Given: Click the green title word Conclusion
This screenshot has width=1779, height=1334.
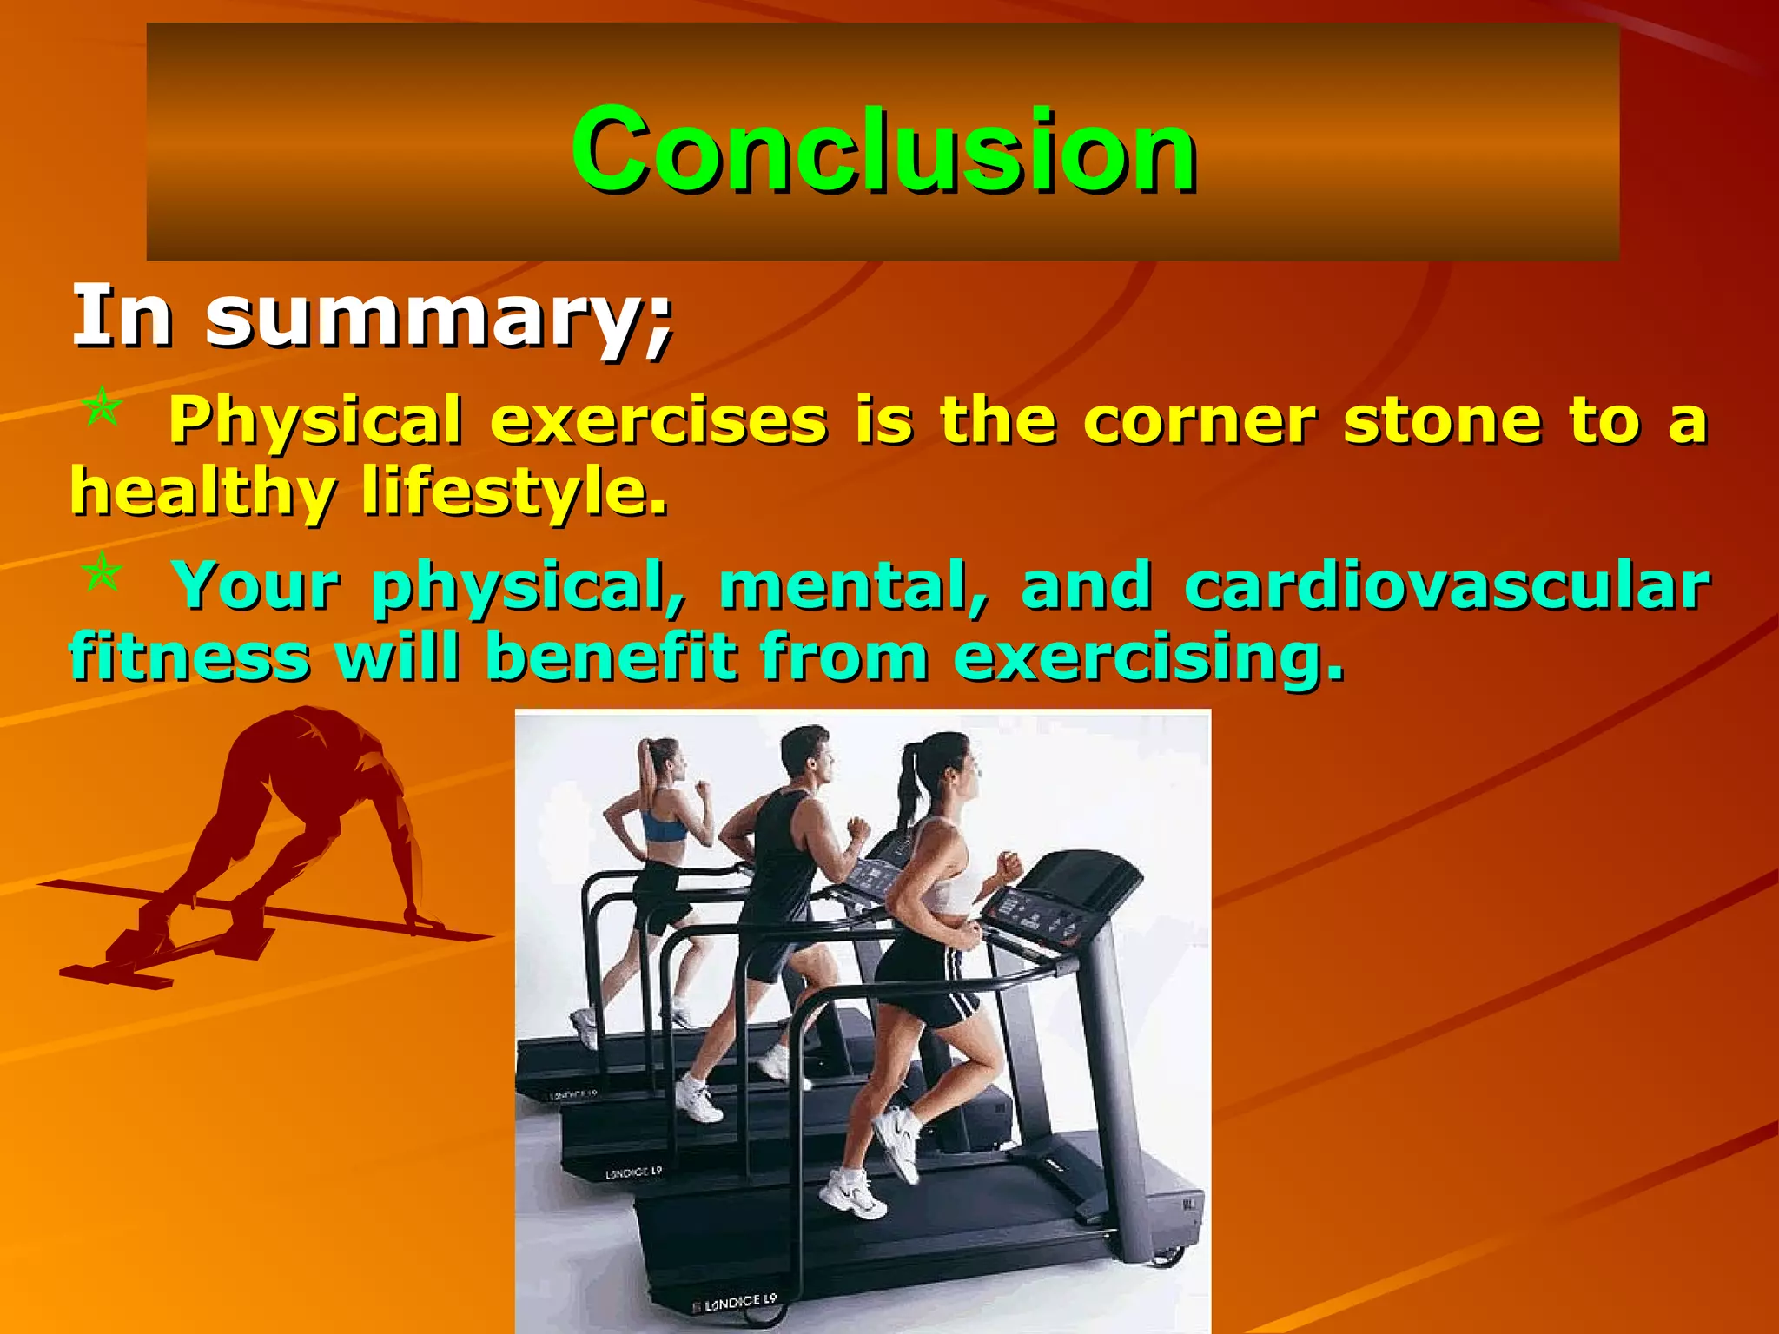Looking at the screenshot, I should click(x=883, y=149).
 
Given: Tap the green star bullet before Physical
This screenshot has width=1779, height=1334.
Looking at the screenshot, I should click(x=103, y=407).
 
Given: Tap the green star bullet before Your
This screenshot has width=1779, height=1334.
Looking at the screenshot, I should click(x=103, y=572).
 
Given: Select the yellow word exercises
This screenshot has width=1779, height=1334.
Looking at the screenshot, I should click(x=658, y=420).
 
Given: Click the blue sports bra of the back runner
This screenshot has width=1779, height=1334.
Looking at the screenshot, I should click(x=663, y=826).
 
